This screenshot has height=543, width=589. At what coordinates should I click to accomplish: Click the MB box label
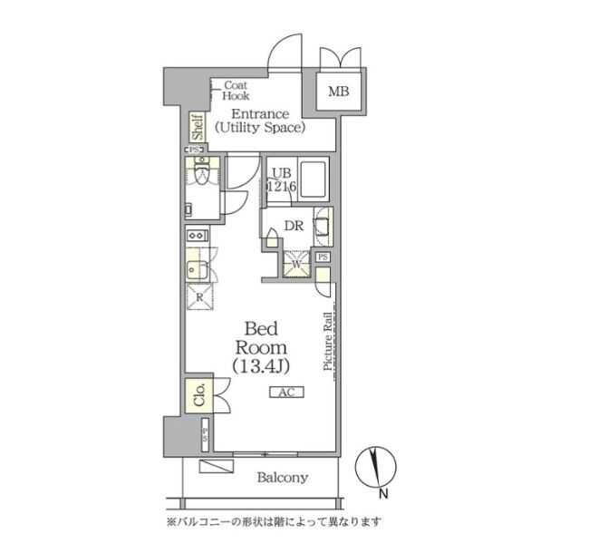(x=338, y=91)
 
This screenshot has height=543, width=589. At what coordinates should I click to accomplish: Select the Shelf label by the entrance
(x=197, y=125)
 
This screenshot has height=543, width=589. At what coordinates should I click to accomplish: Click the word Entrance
(x=260, y=113)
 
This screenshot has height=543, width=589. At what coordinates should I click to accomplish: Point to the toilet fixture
(x=201, y=172)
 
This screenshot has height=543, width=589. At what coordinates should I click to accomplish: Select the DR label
(x=294, y=227)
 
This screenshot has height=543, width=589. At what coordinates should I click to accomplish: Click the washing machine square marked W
(x=295, y=262)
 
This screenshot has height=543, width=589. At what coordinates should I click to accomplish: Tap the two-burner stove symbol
(x=197, y=237)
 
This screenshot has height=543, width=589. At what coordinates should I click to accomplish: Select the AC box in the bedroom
(x=285, y=392)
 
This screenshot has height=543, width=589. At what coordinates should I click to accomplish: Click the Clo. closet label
(x=198, y=395)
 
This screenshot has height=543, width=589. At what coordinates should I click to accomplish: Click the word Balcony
(x=282, y=478)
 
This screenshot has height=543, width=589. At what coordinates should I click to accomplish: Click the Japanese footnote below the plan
(x=274, y=522)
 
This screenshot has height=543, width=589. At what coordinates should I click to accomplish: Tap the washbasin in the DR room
(x=322, y=227)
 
